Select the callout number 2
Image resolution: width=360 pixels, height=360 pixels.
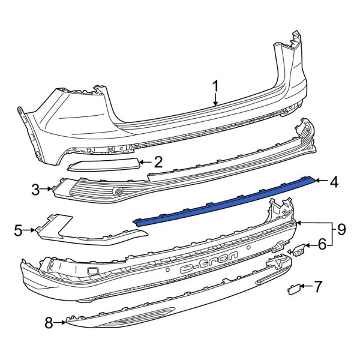click(158, 161)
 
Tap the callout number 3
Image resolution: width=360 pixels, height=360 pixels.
click(35, 190)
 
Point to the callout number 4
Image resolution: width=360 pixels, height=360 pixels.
click(334, 181)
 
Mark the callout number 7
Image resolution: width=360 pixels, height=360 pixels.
click(318, 286)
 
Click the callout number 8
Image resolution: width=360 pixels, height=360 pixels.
click(49, 324)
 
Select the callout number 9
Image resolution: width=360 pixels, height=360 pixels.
click(341, 229)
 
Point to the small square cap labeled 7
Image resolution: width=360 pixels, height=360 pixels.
click(294, 289)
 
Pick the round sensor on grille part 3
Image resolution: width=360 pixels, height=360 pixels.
click(118, 191)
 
